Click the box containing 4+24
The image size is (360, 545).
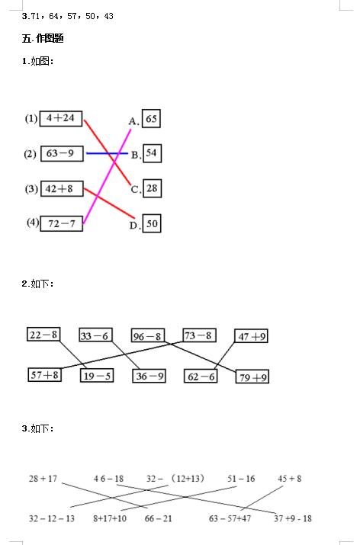61,118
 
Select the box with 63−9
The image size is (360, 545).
62,154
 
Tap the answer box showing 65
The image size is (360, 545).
151,119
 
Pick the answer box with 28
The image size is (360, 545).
152,188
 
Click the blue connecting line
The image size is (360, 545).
107,153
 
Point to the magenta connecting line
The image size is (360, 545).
107,176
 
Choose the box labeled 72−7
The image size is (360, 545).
62,223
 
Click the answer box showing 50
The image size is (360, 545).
152,223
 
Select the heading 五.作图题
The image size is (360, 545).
43,38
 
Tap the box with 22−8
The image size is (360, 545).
43,334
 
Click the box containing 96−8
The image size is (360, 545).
147,335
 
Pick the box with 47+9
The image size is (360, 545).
251,336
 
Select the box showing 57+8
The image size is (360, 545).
44,375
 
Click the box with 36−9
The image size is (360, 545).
149,376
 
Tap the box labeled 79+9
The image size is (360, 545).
252,377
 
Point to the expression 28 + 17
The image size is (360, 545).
43,479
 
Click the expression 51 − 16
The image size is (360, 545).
241,479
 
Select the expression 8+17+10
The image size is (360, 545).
110,518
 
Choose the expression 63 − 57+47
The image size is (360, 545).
230,518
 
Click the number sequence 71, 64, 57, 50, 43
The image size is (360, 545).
72,16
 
